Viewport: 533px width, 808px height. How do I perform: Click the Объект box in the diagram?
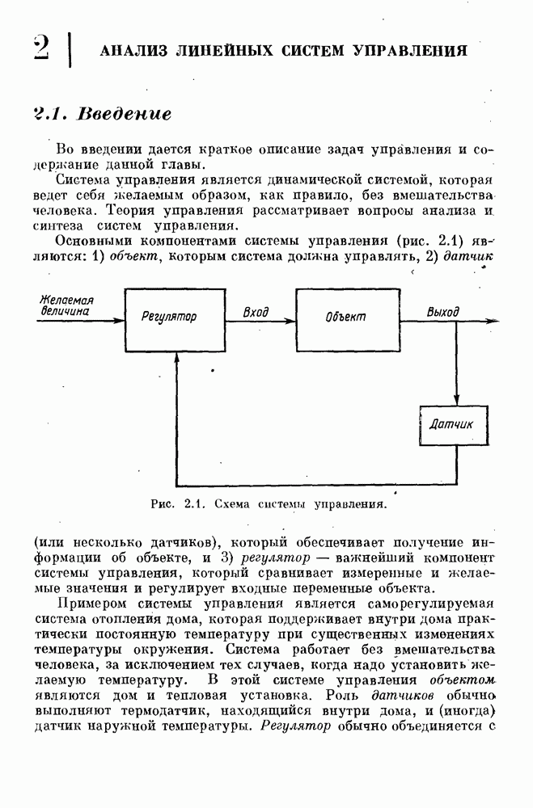pyautogui.click(x=345, y=317)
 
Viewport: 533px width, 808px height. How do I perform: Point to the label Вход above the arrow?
pyautogui.click(x=256, y=311)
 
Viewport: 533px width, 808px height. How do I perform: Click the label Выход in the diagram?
pyautogui.click(x=442, y=311)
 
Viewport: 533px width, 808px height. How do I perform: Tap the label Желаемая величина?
pyautogui.click(x=66, y=305)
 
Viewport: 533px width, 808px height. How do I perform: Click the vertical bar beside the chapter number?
pyautogui.click(x=71, y=48)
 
